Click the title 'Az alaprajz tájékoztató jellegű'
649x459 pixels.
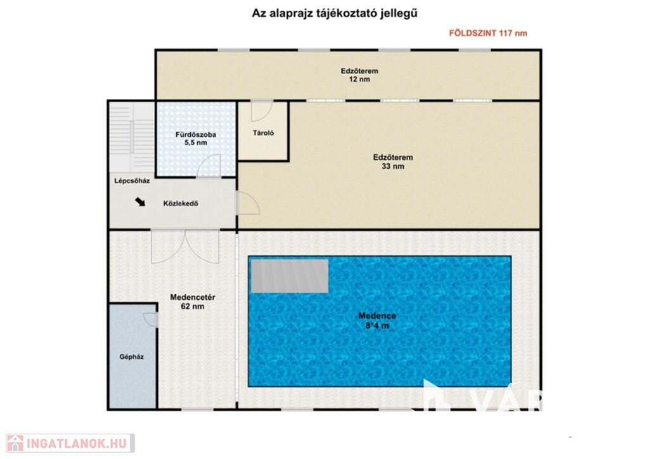pyautogui.click(x=335, y=14)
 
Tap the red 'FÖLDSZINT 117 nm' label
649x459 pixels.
pyautogui.click(x=488, y=33)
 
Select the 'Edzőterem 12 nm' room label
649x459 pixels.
pyautogui.click(x=359, y=75)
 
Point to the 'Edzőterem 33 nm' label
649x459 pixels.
pyautogui.click(x=393, y=162)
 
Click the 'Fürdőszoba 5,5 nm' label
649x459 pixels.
pyautogui.click(x=196, y=139)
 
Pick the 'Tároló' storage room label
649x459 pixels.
pyautogui.click(x=263, y=133)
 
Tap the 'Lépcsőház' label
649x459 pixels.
pyautogui.click(x=132, y=181)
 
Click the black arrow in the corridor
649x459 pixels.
pyautogui.click(x=140, y=202)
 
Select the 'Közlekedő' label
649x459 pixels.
pyautogui.click(x=181, y=204)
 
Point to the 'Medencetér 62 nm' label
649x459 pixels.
pyautogui.click(x=193, y=302)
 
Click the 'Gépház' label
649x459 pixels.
pyautogui.click(x=131, y=357)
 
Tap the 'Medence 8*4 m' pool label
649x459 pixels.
pyautogui.click(x=377, y=320)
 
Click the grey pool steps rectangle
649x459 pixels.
pyautogui.click(x=290, y=276)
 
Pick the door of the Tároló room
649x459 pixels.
pyautogui.click(x=262, y=110)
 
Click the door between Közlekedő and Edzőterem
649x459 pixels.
pyautogui.click(x=248, y=203)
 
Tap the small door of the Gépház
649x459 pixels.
pyautogui.click(x=151, y=320)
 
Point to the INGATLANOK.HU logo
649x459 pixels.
pyautogui.click(x=70, y=443)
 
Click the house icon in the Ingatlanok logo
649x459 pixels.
pyautogui.click(x=15, y=443)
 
